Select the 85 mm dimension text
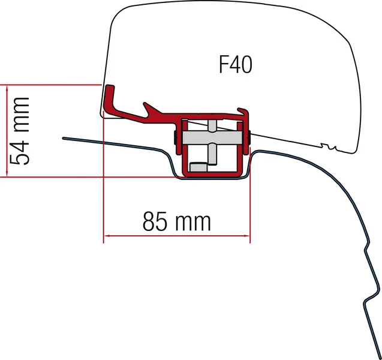tap(177, 221)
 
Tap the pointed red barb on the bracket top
tap(146, 106)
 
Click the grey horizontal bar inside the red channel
tap(211, 138)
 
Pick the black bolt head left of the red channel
tap(175, 138)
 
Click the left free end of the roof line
tap(63, 139)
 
